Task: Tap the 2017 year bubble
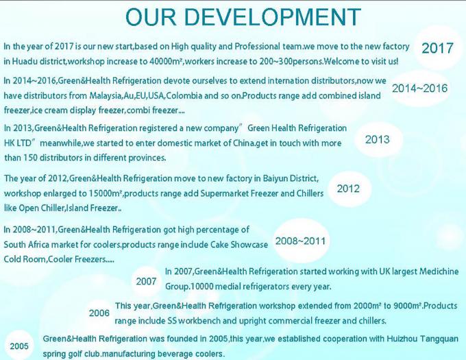pos(437,48)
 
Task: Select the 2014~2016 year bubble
pos(419,88)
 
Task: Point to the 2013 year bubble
pos(378,139)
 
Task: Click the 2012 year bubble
pos(348,189)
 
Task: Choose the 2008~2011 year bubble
pos(300,241)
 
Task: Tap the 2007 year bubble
pos(146,281)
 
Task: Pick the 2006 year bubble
pos(99,313)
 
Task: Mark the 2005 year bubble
pos(19,346)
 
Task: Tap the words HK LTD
pos(18,143)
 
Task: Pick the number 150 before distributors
pos(30,158)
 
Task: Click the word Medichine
pos(439,272)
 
